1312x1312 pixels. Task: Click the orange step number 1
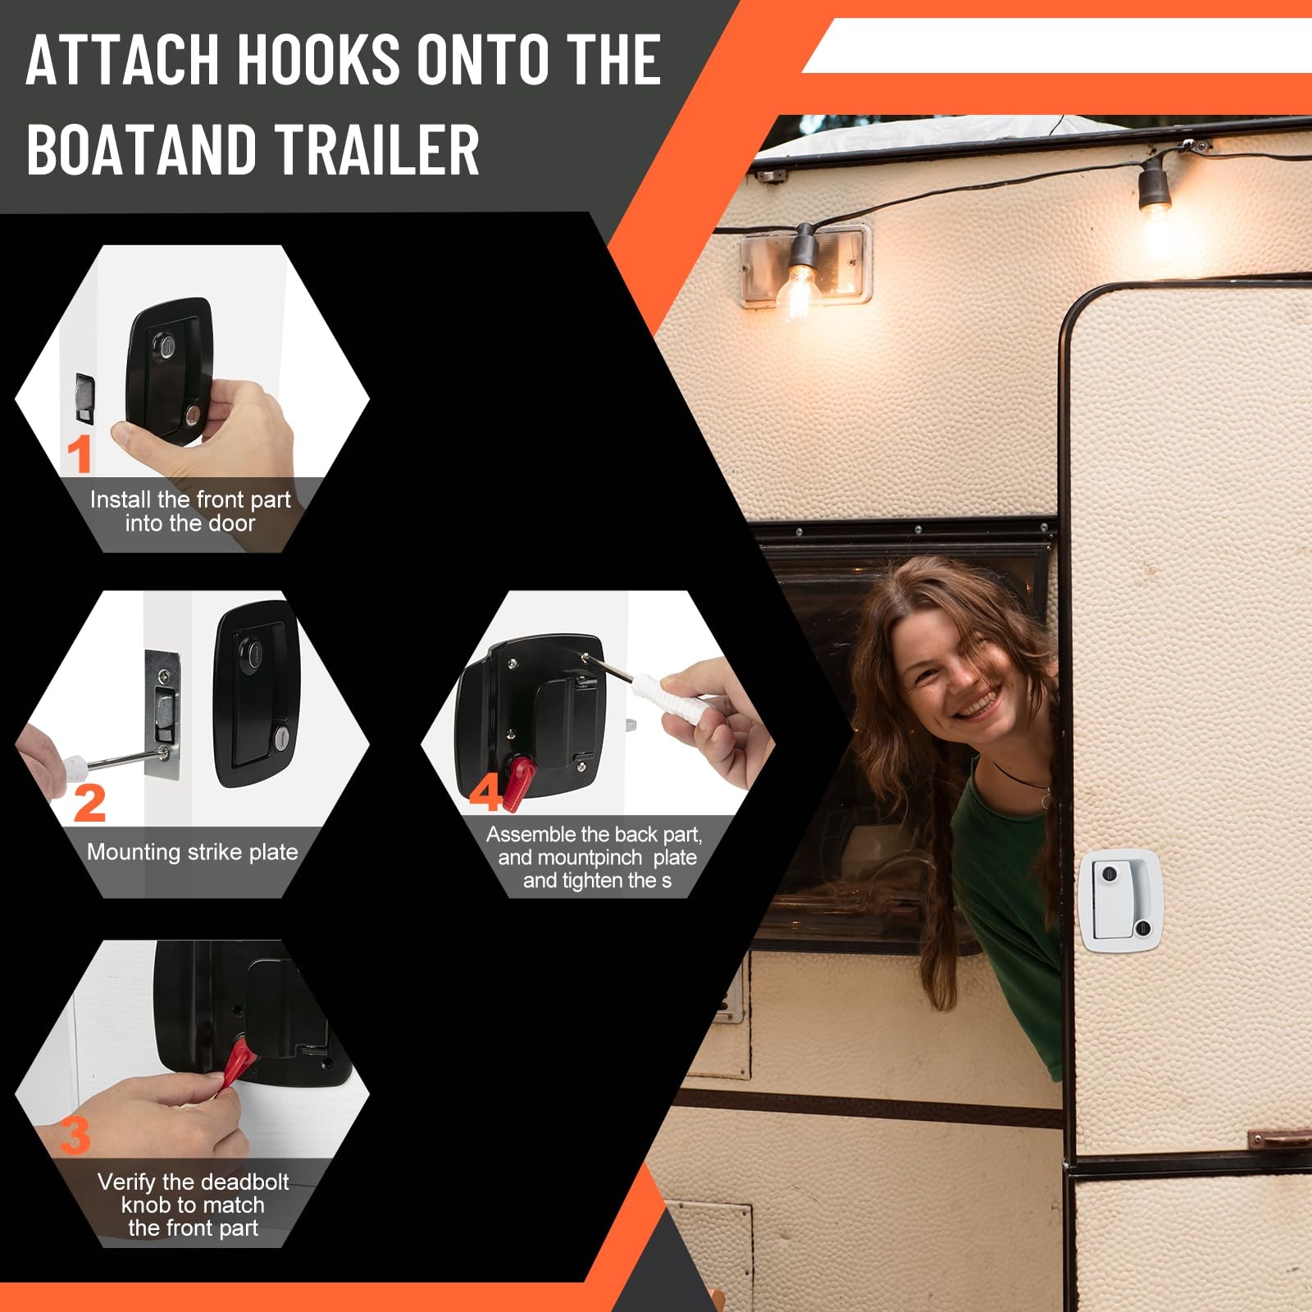pyautogui.click(x=80, y=453)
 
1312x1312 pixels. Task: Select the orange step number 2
pyautogui.click(x=89, y=803)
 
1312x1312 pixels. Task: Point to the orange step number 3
pyautogui.click(x=75, y=1136)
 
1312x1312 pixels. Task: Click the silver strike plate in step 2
pyautogui.click(x=162, y=714)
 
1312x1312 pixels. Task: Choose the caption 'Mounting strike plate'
pyautogui.click(x=193, y=852)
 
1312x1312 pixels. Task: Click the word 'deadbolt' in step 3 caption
pyautogui.click(x=243, y=1182)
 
